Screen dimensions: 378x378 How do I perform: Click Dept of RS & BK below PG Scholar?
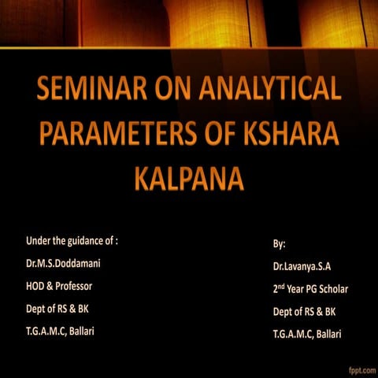(x=304, y=312)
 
